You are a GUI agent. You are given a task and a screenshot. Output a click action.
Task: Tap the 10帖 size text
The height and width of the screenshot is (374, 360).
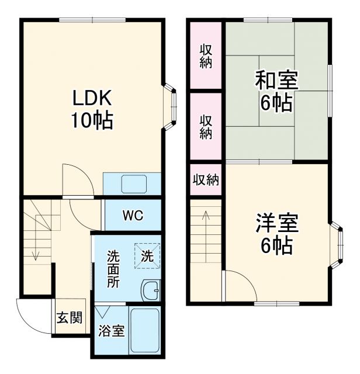92,121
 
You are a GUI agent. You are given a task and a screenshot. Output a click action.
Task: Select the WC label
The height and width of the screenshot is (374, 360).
132,215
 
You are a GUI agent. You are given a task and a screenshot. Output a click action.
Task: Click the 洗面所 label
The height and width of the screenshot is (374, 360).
113,268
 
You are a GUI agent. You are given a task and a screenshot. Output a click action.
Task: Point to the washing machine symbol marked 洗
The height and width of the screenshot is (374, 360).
147,255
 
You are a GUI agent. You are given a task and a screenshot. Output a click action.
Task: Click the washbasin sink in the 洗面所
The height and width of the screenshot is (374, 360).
151,289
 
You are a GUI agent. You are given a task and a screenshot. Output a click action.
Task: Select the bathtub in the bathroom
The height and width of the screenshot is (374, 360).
144,331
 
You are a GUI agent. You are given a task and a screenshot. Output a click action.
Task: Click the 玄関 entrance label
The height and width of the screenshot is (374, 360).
69,318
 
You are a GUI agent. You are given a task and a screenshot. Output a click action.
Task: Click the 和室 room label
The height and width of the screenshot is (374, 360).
276,80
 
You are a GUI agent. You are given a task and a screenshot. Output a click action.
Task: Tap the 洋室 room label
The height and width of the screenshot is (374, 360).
276,223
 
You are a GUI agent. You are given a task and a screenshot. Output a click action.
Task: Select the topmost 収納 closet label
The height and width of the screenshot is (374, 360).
205,56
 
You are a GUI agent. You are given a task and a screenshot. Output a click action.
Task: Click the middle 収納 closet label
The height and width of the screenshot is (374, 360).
205,126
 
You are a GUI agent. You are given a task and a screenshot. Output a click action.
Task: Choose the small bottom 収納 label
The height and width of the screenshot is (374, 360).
206,180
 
